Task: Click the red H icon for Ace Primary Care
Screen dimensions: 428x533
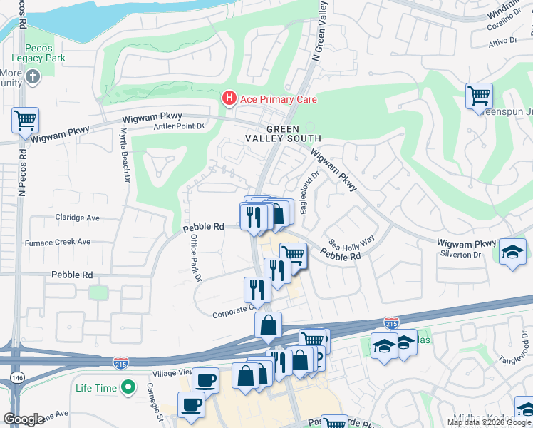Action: [229, 98]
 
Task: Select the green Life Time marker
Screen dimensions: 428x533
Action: [128, 387]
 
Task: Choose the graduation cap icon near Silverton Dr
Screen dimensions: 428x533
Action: [512, 252]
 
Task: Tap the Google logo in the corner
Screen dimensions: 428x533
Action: [24, 419]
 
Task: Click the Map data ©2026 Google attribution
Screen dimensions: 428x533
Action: [489, 422]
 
